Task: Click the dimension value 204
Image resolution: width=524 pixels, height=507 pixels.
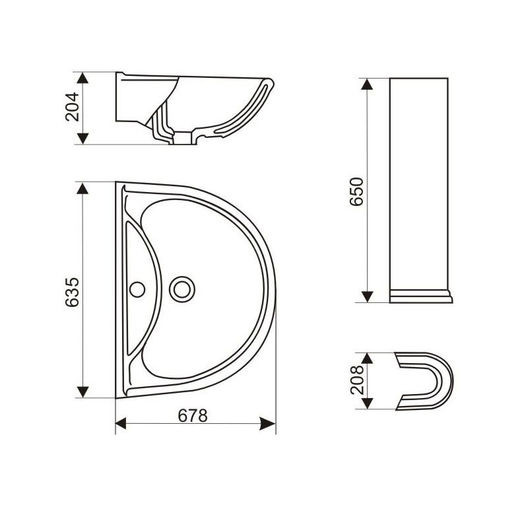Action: coord(72,106)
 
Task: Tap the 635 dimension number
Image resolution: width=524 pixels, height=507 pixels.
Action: coord(72,292)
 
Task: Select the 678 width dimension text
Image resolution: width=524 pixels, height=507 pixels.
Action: coord(193,416)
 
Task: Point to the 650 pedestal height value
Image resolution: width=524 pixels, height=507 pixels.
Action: coord(356,191)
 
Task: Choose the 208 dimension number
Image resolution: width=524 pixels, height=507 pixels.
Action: coord(357,380)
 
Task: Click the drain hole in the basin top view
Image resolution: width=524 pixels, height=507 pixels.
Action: coord(181,289)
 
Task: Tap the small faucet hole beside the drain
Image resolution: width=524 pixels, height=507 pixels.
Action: coord(137,289)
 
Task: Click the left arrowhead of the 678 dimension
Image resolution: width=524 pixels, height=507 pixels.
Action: coord(121,423)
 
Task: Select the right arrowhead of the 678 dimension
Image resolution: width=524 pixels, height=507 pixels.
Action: coord(268,423)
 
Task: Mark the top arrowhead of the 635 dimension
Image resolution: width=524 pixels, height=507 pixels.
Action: coord(82,188)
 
